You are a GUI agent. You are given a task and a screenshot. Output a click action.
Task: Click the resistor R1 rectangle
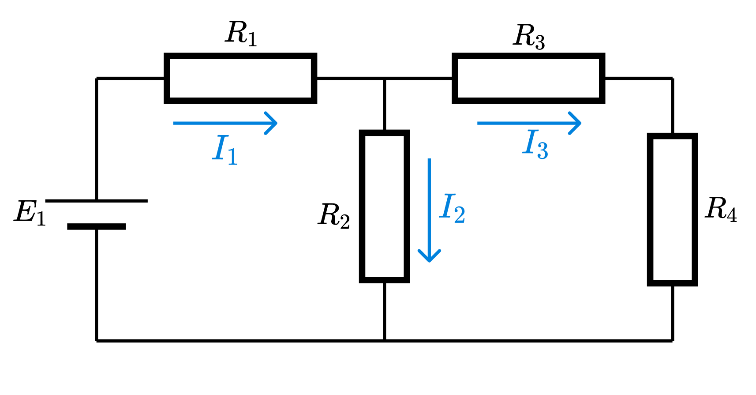(x=240, y=79)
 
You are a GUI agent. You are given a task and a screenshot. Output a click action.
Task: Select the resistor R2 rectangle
(x=385, y=206)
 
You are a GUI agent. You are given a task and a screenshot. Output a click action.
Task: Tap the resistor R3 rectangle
(x=528, y=79)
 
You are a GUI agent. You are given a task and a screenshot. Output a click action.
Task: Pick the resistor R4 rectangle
(x=672, y=209)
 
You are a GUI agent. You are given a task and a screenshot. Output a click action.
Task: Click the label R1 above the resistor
(x=241, y=34)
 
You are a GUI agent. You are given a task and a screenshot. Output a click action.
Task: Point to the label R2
(x=334, y=216)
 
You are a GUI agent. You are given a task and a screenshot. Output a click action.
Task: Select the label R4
(x=721, y=209)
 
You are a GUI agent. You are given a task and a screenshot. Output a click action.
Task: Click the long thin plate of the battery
(x=96, y=201)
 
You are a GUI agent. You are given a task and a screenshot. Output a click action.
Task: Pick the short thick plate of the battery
(x=96, y=226)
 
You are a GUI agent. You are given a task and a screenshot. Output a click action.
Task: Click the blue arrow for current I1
(x=225, y=123)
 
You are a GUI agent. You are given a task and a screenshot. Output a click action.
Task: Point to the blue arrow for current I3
(x=529, y=123)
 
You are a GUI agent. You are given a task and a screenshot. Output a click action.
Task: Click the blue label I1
(x=225, y=150)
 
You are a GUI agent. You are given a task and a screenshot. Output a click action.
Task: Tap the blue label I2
(x=453, y=208)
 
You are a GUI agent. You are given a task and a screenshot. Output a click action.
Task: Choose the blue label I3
(x=535, y=144)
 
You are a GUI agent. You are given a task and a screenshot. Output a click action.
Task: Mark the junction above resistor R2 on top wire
(x=385, y=79)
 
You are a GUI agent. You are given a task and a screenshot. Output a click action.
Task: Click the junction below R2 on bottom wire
(x=385, y=340)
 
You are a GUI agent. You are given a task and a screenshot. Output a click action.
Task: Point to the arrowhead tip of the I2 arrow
(x=429, y=261)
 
